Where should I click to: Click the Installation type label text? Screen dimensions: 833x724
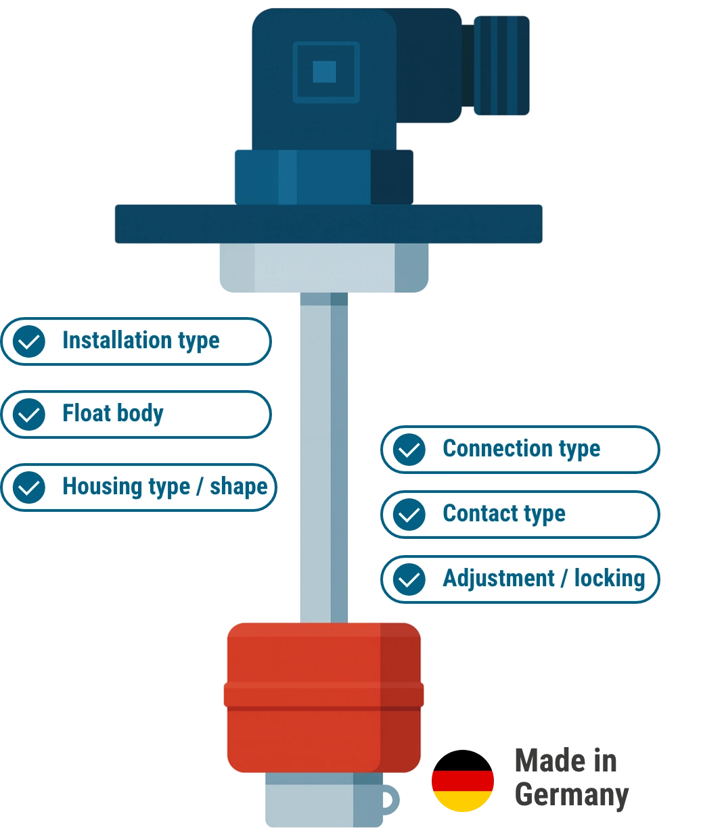[141, 341]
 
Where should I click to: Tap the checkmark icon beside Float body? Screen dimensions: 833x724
[29, 414]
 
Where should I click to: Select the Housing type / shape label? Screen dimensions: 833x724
[164, 487]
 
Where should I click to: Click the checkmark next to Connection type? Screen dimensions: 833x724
[409, 449]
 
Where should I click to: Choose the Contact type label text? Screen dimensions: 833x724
[503, 514]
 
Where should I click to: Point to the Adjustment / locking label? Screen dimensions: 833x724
[543, 579]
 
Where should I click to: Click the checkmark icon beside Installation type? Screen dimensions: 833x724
[29, 341]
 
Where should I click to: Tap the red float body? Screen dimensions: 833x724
[323, 696]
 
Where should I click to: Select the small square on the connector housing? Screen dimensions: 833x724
[325, 72]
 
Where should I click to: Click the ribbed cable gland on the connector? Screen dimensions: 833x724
[501, 65]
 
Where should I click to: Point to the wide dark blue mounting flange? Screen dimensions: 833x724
[329, 224]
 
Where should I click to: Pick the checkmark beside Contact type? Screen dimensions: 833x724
[409, 515]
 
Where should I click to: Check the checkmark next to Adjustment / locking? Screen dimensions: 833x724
[409, 579]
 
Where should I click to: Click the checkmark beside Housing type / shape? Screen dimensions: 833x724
[29, 487]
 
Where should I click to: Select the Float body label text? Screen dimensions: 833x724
[112, 414]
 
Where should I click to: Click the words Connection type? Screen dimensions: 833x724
[521, 449]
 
